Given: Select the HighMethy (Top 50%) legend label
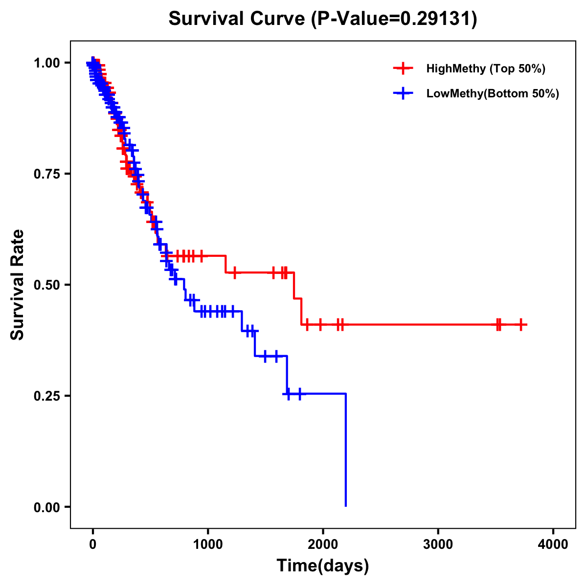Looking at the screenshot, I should point(485,68).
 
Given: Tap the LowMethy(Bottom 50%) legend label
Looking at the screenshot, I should point(493,93).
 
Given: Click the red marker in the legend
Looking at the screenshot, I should point(403,68).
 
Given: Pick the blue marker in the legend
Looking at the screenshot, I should point(403,93).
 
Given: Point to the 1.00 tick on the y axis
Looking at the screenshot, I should point(46,63).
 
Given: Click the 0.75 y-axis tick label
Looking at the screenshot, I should point(46,174).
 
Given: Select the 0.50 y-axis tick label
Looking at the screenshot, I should point(46,285).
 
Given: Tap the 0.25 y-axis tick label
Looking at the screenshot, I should point(46,396).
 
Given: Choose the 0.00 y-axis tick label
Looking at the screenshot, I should point(46,507).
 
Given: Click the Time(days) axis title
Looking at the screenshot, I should point(323,566).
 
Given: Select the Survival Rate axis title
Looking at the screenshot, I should point(18,285).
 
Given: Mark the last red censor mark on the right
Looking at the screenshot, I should point(521,324).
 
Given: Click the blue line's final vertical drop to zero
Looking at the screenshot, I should point(346,450).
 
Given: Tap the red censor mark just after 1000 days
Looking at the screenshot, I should point(235,272).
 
